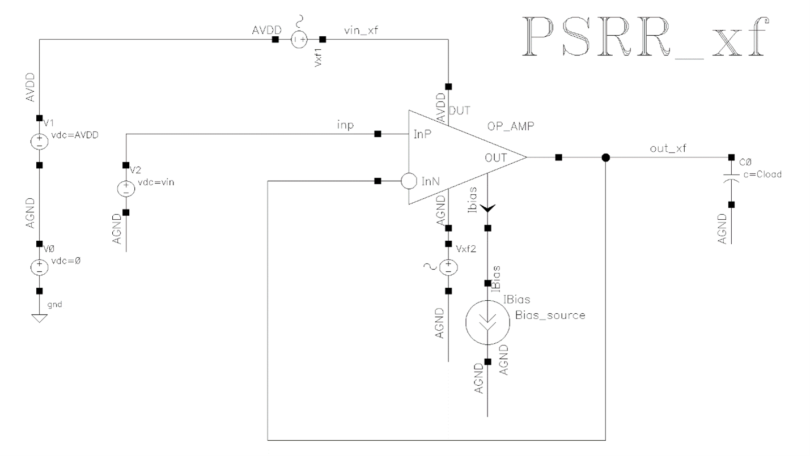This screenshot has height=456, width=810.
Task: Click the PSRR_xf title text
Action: coord(646,37)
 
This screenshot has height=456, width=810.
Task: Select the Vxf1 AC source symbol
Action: coord(299,40)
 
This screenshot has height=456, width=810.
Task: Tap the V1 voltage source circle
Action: coord(40,142)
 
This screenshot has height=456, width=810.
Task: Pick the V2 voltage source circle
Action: coord(126,189)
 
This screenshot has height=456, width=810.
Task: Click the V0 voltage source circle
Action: coord(40,267)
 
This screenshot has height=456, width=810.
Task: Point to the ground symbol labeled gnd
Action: coord(40,318)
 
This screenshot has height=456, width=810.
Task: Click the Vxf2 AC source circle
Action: coord(448,267)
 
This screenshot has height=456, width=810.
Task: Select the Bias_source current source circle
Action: coord(487,322)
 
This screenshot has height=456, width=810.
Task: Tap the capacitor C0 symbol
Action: coord(731,178)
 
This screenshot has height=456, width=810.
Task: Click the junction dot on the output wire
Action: coord(606,157)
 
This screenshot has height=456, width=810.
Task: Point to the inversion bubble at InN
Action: coord(409,181)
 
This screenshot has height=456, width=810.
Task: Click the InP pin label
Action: coord(422,134)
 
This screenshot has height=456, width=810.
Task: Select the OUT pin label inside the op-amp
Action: coord(496,158)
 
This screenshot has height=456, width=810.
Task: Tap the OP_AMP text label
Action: coord(511,126)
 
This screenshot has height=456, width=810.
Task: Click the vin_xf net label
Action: coord(361,31)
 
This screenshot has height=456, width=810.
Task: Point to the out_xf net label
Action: coord(668,148)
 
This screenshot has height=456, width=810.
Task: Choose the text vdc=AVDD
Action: coord(75,135)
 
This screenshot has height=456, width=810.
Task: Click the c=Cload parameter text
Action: coord(762,174)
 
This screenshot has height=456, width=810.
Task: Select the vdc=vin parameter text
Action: coord(156,182)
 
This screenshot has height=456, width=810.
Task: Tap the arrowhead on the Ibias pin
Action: coord(487,208)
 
